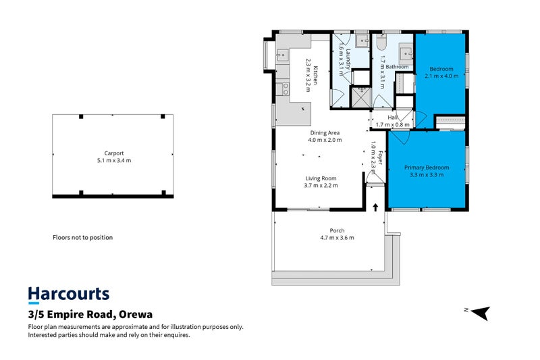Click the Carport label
(x=113, y=153)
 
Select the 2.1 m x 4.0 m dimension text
(x=441, y=76)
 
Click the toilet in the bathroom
(x=381, y=45)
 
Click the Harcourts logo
(x=68, y=294)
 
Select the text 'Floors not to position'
(x=82, y=238)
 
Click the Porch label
(x=337, y=230)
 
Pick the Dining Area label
(x=325, y=132)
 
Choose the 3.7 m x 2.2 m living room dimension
(x=321, y=185)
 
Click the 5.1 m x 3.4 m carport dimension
(x=113, y=160)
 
